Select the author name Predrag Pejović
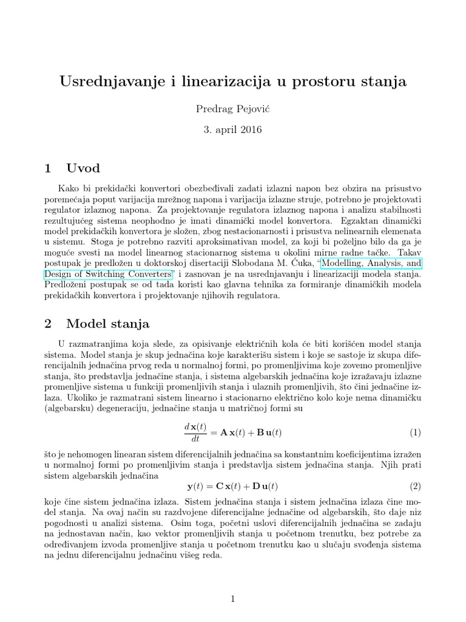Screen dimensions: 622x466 [x=232, y=109]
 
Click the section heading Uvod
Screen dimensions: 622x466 [x=83, y=168]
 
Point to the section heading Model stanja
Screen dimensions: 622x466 [x=108, y=324]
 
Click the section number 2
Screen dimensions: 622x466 [x=50, y=324]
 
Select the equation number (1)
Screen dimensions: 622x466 [x=414, y=433]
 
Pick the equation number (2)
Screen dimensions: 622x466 [x=414, y=486]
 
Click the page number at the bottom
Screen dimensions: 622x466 [x=232, y=599]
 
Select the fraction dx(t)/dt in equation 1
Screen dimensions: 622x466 [x=195, y=433]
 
